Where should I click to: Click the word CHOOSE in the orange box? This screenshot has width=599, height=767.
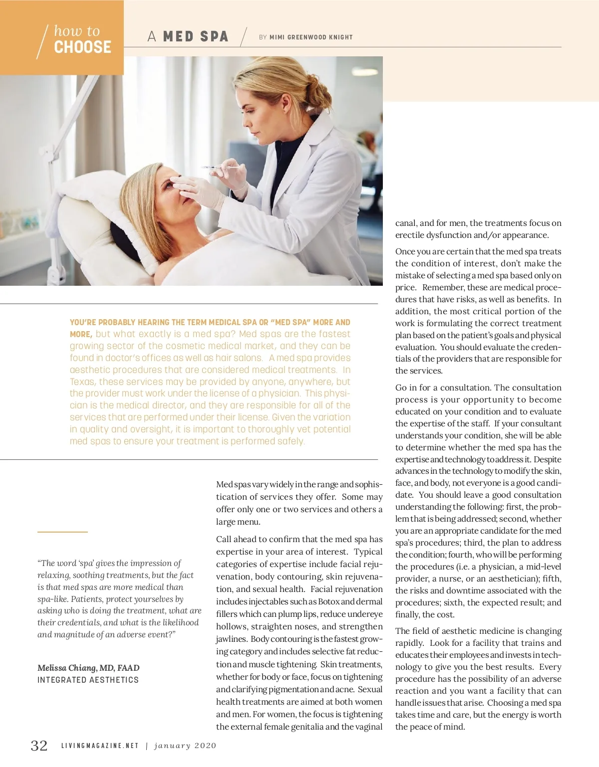(82, 47)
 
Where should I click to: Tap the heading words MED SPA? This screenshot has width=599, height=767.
(196, 37)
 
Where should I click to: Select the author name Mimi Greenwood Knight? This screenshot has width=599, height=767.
(311, 37)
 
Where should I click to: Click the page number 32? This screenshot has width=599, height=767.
(39, 746)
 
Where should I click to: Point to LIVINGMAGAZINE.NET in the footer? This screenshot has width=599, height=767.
(100, 746)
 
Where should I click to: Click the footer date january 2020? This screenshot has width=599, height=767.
(185, 746)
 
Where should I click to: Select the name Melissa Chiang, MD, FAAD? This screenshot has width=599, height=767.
(88, 668)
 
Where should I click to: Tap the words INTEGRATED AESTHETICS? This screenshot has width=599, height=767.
(88, 680)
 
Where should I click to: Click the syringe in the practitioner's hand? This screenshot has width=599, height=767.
(220, 168)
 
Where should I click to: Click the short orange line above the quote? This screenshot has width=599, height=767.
(62, 532)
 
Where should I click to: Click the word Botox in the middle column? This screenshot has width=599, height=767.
(329, 601)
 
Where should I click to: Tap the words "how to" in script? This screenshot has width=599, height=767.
(77, 31)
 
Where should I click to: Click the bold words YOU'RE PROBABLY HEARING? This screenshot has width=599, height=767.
(118, 322)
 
